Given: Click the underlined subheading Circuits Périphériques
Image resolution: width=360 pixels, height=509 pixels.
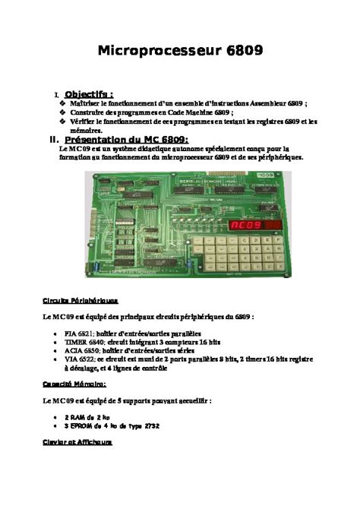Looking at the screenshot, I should (x=80, y=300).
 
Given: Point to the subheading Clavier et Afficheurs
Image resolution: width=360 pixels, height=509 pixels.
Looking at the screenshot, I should (x=77, y=441).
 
